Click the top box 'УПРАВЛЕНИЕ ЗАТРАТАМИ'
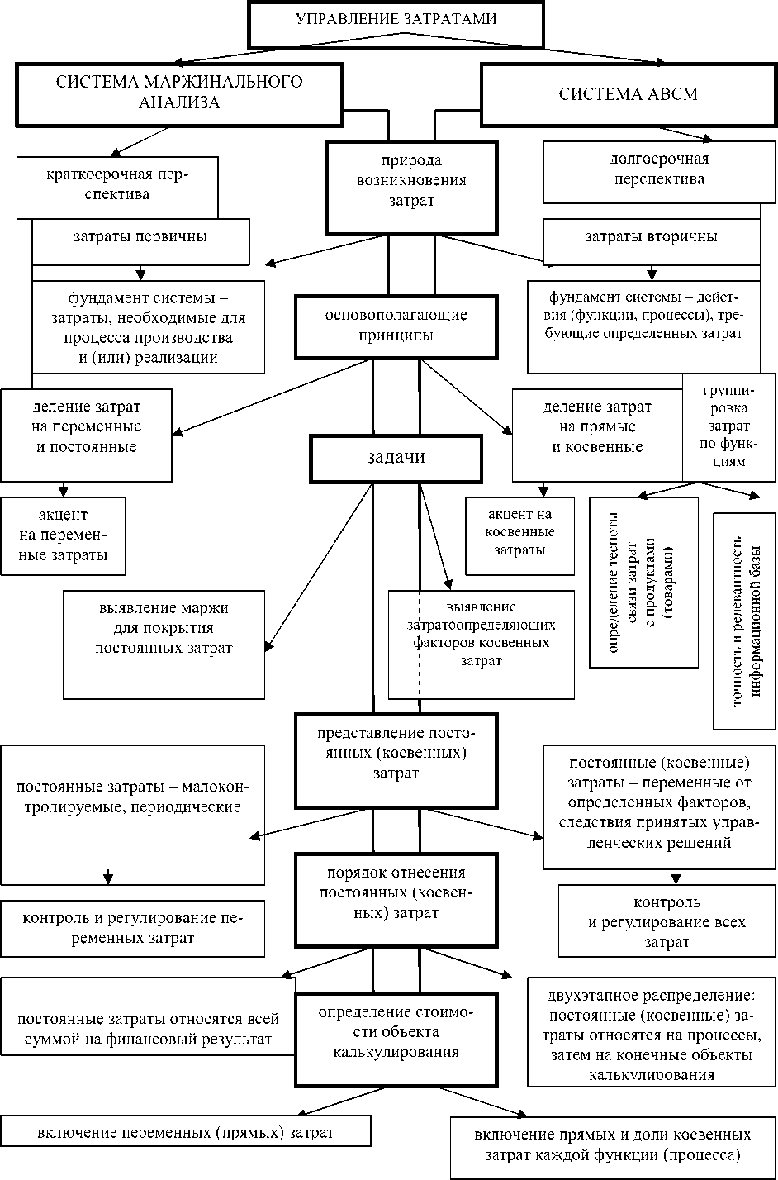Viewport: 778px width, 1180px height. (x=396, y=22)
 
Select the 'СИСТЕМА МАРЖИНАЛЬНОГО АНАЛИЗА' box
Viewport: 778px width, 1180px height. (x=178, y=94)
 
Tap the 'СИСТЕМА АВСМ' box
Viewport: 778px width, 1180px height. (x=628, y=94)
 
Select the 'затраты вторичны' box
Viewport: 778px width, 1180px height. (x=652, y=238)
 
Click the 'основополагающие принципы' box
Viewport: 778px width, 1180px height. (x=396, y=326)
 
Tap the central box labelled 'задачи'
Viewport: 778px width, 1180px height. (x=396, y=458)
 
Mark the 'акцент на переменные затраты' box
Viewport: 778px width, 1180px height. (x=64, y=535)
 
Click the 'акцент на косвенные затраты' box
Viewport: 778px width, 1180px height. (x=519, y=535)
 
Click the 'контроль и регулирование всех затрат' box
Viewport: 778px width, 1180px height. (x=667, y=922)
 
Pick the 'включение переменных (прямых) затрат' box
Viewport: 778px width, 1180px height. (x=185, y=1133)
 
